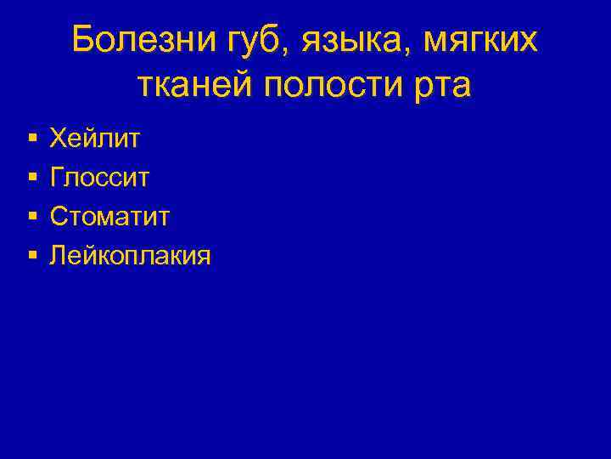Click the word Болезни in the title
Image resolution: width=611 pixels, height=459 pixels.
click(x=131, y=40)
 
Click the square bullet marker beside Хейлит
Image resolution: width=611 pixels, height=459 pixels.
click(x=31, y=137)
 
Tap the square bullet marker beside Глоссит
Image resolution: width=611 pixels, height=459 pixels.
click(x=31, y=177)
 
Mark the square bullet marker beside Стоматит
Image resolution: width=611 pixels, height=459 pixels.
click(x=31, y=216)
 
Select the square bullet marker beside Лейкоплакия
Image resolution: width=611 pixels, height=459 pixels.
click(x=31, y=255)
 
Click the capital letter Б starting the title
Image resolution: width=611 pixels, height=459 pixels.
click(x=83, y=39)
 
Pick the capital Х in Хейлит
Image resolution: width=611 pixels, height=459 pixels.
click(x=59, y=136)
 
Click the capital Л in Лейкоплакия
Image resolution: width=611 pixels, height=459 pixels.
click(x=59, y=255)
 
